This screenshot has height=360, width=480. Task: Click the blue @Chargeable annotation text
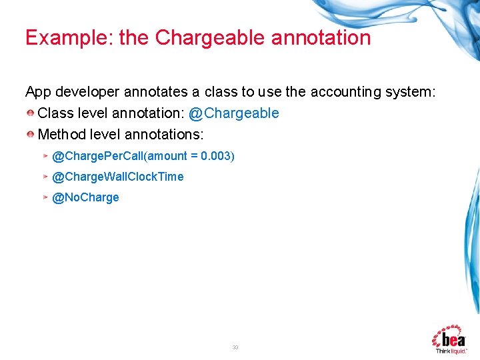click(x=234, y=113)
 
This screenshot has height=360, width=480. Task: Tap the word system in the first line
click(x=409, y=92)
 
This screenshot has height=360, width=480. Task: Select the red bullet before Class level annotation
click(x=31, y=113)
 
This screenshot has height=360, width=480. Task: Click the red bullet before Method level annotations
click(x=31, y=135)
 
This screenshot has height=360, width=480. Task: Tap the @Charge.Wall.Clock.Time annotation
click(x=118, y=177)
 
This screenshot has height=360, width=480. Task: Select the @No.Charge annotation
click(x=85, y=197)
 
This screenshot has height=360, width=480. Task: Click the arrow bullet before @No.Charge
click(x=45, y=197)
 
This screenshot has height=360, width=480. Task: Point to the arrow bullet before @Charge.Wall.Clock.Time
click(x=45, y=177)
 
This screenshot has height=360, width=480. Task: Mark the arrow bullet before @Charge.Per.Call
click(x=45, y=156)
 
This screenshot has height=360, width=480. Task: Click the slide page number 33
click(x=235, y=347)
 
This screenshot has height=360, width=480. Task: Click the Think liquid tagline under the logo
click(x=451, y=350)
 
